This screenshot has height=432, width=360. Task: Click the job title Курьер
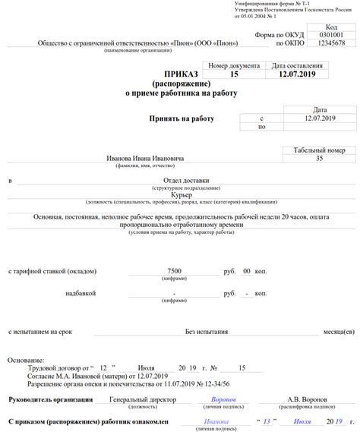(182, 196)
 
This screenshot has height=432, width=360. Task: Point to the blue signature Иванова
(217, 421)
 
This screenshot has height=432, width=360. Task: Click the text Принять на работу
(183, 119)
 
